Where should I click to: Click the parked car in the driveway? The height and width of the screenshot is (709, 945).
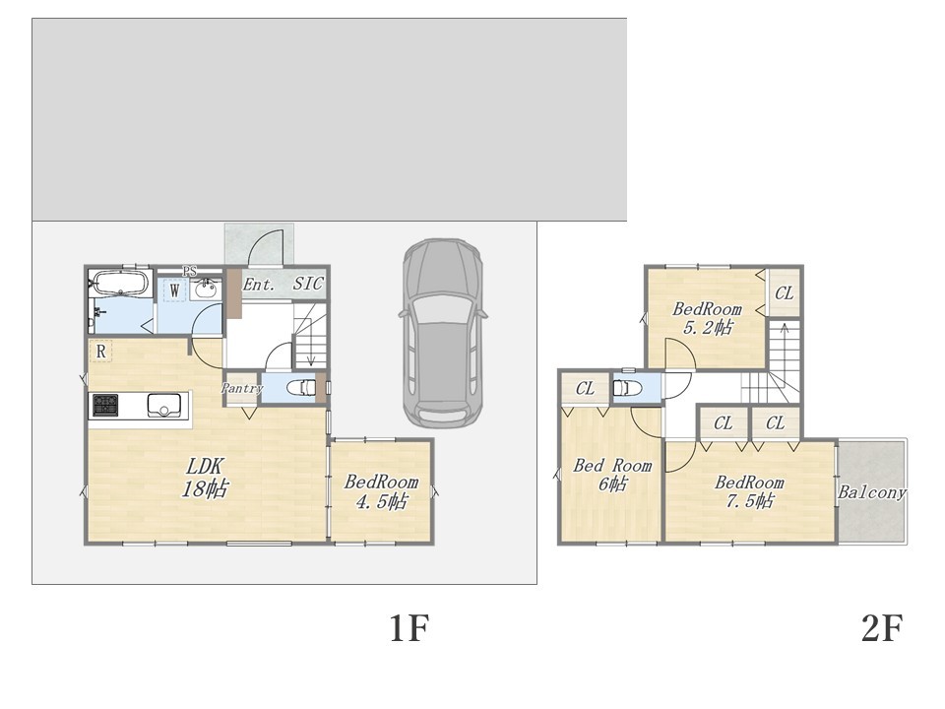coord(443,334)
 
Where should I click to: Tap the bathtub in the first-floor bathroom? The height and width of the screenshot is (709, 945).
coord(119,283)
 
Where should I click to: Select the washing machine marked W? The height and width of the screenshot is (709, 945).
coord(175,290)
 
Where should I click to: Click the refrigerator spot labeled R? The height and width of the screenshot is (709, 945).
coord(100,351)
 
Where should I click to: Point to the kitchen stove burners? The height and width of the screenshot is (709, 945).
coord(105,405)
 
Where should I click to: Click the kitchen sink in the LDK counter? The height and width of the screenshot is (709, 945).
coord(162,405)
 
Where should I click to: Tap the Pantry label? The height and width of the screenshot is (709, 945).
coord(242,389)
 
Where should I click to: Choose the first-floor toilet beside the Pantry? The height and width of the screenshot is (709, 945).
coord(301,388)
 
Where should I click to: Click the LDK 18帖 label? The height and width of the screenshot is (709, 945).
coord(205,478)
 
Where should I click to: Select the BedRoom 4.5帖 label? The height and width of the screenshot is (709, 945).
coord(382,491)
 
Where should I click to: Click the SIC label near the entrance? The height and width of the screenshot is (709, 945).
coord(308,284)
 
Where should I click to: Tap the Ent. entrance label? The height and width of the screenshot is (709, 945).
coord(259,285)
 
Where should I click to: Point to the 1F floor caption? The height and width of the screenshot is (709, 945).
coord(409,628)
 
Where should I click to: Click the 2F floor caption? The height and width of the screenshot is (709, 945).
coord(882,628)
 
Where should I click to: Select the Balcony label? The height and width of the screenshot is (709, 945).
coord(872,492)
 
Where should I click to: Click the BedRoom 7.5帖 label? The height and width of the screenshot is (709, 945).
coord(750,491)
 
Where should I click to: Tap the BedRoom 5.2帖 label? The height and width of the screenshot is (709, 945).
coord(707,318)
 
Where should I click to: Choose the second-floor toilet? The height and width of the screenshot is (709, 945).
coord(627,388)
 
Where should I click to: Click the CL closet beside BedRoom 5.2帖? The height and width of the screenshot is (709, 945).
coord(785,293)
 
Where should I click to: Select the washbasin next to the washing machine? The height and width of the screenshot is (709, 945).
coord(206,289)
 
